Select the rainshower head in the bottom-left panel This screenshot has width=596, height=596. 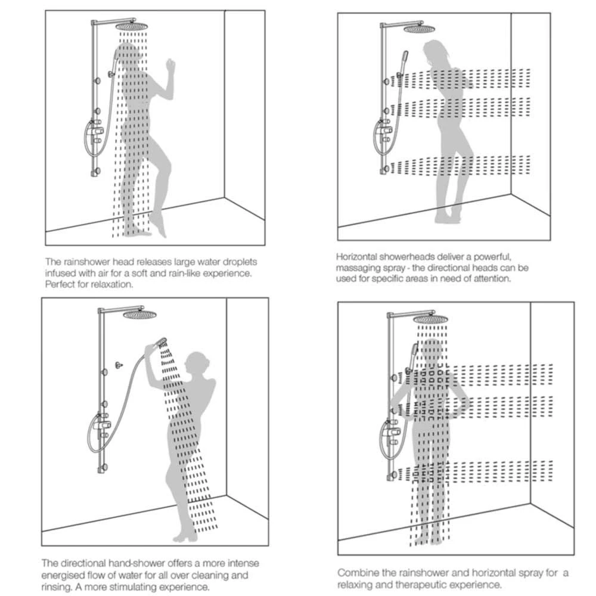click(x=141, y=314)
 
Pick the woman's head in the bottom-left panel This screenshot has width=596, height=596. click(x=195, y=362)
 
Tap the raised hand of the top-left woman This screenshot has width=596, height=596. click(x=171, y=64)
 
